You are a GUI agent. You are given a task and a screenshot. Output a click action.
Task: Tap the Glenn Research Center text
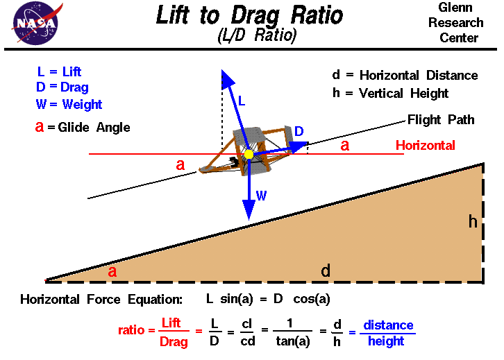click(x=457, y=22)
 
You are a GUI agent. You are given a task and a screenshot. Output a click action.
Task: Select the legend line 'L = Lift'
click(x=59, y=71)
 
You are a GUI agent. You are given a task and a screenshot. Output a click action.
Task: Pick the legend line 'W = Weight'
click(x=69, y=105)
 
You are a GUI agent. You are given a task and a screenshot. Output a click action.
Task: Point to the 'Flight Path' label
click(x=441, y=119)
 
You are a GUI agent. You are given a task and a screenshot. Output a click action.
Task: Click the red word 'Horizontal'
click(x=426, y=145)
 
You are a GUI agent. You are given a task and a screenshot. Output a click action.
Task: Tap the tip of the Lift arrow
click(x=223, y=71)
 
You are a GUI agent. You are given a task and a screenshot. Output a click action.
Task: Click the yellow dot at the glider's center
click(x=249, y=154)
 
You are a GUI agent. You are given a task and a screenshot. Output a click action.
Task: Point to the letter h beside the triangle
click(x=473, y=222)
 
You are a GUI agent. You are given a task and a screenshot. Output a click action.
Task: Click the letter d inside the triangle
click(x=326, y=271)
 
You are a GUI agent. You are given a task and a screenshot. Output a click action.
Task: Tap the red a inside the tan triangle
click(x=112, y=271)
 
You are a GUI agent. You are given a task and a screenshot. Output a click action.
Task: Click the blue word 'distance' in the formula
click(x=388, y=325)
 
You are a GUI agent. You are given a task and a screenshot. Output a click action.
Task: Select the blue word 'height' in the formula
click(x=387, y=341)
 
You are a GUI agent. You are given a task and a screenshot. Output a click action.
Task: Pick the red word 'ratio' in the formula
click(x=133, y=331)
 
